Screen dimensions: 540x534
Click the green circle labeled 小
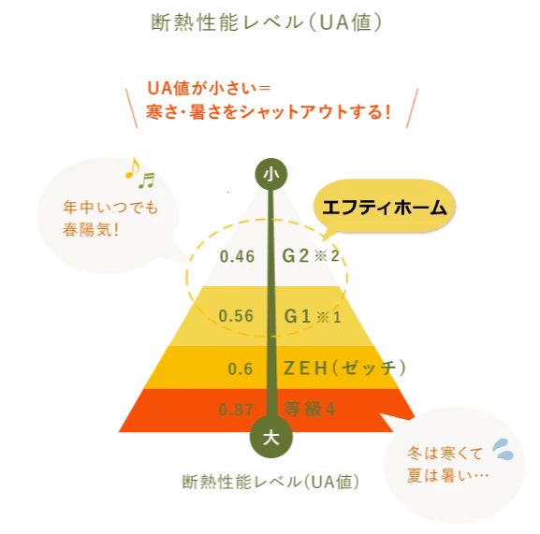pyautogui.click(x=271, y=174)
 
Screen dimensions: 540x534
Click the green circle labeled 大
pyautogui.click(x=271, y=437)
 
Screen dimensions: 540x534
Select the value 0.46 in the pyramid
pyautogui.click(x=238, y=256)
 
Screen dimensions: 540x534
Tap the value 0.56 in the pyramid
pyautogui.click(x=236, y=316)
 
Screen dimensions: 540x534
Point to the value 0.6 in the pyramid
pyautogui.click(x=241, y=368)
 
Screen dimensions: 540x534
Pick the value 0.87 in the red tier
pyautogui.click(x=236, y=410)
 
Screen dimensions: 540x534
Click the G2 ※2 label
pyautogui.click(x=311, y=256)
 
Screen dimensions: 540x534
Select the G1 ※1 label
pyautogui.click(x=313, y=316)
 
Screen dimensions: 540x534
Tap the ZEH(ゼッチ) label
pyautogui.click(x=344, y=368)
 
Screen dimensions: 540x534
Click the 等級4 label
pyautogui.click(x=309, y=409)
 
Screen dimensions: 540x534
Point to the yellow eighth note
pyautogui.click(x=133, y=168)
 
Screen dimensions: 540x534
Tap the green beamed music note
pyautogui.click(x=147, y=180)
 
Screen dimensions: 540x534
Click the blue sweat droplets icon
pyautogui.click(x=504, y=449)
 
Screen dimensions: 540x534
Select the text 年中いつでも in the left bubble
pyautogui.click(x=110, y=208)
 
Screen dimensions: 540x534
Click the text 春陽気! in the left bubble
pyautogui.click(x=91, y=229)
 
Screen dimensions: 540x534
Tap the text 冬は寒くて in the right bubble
pyautogui.click(x=445, y=454)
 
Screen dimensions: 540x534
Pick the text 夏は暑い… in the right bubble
pyautogui.click(x=447, y=475)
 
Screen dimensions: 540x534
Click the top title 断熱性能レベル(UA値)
pyautogui.click(x=266, y=22)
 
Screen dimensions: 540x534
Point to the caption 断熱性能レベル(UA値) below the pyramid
pyautogui.click(x=270, y=482)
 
